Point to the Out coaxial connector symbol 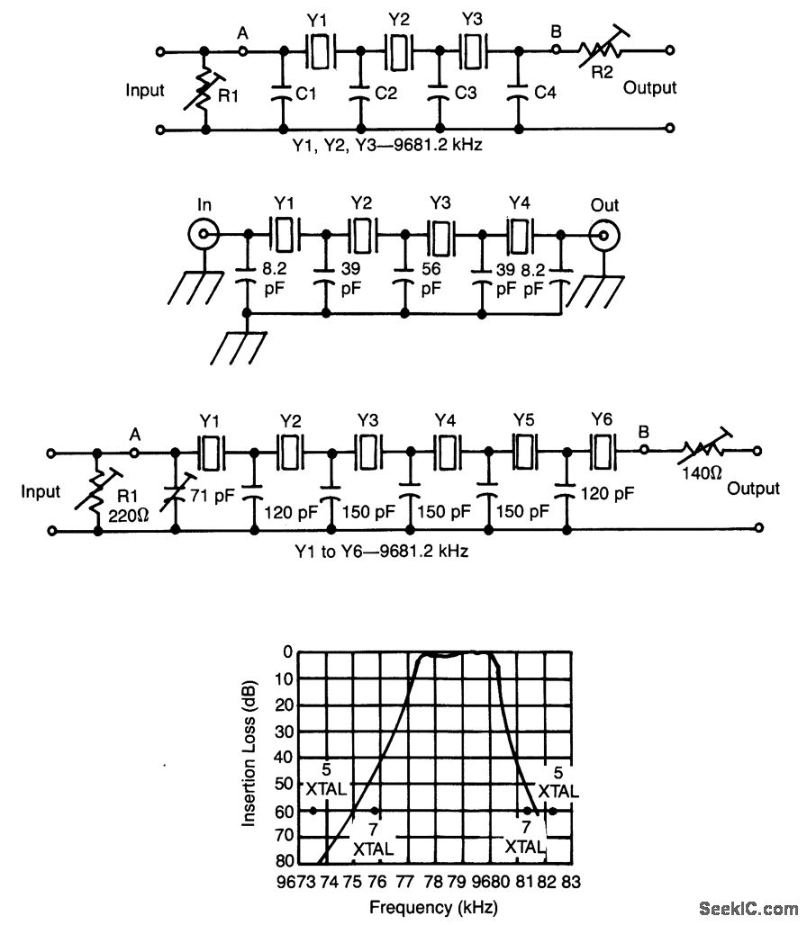coord(603,237)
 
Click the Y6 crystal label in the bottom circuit coord(602,418)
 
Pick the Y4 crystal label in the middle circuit coord(520,203)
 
